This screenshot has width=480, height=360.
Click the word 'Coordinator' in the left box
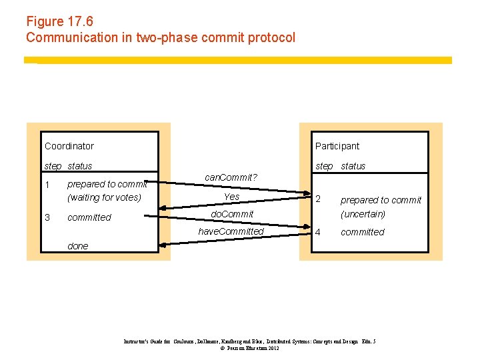[69, 146]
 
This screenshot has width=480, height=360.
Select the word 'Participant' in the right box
[337, 146]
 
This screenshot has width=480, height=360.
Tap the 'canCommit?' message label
[231, 177]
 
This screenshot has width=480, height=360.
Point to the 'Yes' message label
[231, 197]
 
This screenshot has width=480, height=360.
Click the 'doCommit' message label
[232, 214]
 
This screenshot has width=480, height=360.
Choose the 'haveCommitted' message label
[231, 231]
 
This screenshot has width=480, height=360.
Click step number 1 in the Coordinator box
[47, 184]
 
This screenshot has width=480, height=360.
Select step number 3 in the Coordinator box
[47, 217]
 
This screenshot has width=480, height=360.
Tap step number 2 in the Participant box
[318, 199]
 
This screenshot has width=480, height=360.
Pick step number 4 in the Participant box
[318, 232]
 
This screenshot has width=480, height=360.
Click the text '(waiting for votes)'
[104, 197]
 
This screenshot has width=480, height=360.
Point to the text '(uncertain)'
[363, 214]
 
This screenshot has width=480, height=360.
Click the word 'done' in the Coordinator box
[77, 246]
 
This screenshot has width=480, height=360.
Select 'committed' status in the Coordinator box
[89, 217]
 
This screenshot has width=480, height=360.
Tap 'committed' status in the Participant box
[363, 232]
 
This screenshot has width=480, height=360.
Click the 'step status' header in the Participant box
[340, 166]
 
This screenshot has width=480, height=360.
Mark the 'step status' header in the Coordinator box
[68, 166]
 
